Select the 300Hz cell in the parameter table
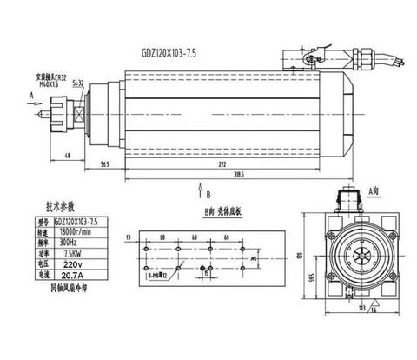(x=73, y=243)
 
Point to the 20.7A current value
(x=73, y=274)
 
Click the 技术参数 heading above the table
(x=63, y=209)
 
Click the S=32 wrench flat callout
(x=77, y=82)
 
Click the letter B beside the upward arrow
(x=208, y=195)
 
